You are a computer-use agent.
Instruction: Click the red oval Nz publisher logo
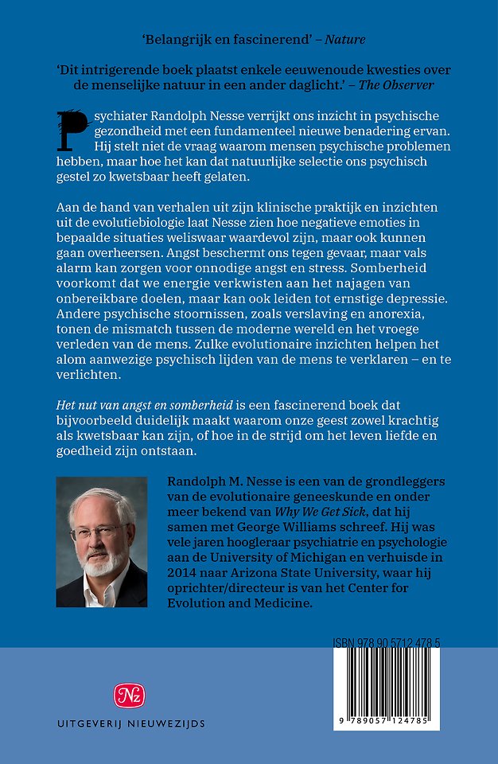(130, 696)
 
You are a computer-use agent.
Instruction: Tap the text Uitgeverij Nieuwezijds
(130, 723)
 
